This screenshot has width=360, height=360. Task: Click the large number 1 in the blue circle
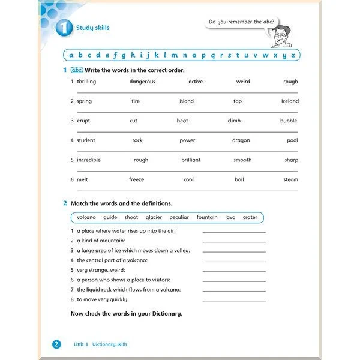click(x=64, y=29)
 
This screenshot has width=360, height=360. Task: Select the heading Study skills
click(x=92, y=28)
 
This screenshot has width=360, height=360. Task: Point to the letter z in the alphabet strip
click(x=293, y=56)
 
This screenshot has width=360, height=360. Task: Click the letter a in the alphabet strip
click(x=71, y=56)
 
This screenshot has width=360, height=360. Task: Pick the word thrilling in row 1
click(x=86, y=82)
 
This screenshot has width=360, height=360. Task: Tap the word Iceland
click(x=290, y=101)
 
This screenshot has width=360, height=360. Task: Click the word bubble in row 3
click(x=289, y=121)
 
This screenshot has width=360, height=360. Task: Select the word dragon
click(x=241, y=140)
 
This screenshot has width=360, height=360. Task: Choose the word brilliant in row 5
click(x=191, y=160)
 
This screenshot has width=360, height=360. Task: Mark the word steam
click(x=291, y=179)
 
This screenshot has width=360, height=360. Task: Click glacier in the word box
click(x=154, y=217)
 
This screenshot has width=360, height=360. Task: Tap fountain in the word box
click(x=207, y=217)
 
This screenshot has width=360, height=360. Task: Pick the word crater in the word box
click(x=250, y=217)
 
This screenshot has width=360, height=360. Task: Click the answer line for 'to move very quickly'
click(x=234, y=300)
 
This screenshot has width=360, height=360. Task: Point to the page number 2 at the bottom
click(x=56, y=344)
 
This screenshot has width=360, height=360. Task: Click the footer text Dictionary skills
click(x=110, y=344)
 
